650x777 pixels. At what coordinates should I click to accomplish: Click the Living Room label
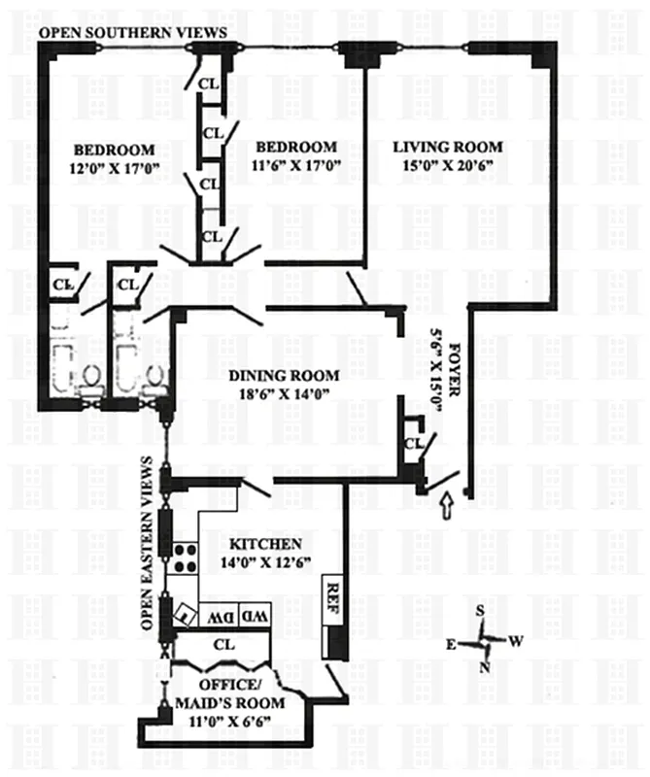[x=448, y=148]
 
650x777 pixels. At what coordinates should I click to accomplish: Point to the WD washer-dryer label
[x=253, y=617]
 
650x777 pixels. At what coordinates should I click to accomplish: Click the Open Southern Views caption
[x=132, y=33]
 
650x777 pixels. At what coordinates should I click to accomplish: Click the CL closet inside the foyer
[x=411, y=445]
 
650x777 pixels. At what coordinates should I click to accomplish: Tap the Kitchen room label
[x=265, y=544]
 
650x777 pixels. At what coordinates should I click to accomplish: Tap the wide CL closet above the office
[x=222, y=644]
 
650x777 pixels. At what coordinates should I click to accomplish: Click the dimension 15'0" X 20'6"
[x=448, y=166]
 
